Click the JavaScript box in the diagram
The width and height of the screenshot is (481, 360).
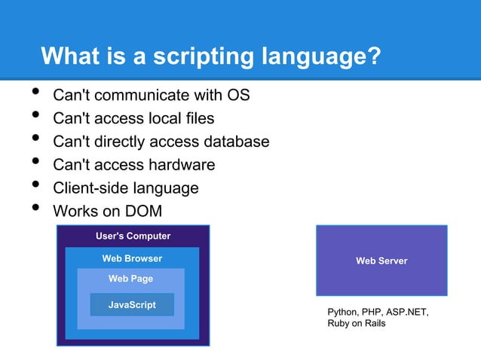pos(132,305)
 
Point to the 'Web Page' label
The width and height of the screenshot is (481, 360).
pos(130,279)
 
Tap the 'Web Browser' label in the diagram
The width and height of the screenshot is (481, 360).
pos(132,259)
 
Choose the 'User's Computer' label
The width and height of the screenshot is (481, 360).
pos(133,236)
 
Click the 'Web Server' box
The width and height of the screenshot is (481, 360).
pos(381,261)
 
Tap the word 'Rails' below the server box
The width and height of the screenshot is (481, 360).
pos(373,324)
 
